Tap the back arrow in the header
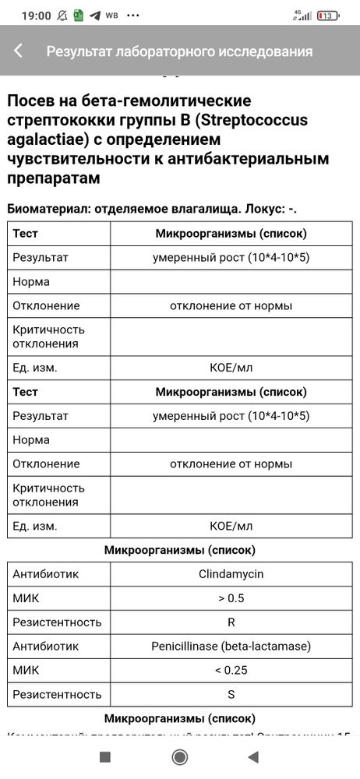pyautogui.click(x=18, y=51)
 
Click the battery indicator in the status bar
pyautogui.click(x=328, y=16)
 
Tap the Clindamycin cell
pyautogui.click(x=231, y=574)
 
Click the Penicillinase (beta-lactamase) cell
pyautogui.click(x=231, y=645)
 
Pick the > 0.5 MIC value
pyautogui.click(x=231, y=598)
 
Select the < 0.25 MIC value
pyautogui.click(x=231, y=669)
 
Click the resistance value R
pyautogui.click(x=231, y=622)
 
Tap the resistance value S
pyautogui.click(x=231, y=693)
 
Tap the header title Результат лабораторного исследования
pyautogui.click(x=179, y=51)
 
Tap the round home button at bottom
pyautogui.click(x=180, y=756)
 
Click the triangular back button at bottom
pyautogui.click(x=252, y=756)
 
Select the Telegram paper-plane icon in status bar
pyautogui.click(x=95, y=16)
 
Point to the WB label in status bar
pyautogui.click(x=111, y=16)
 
